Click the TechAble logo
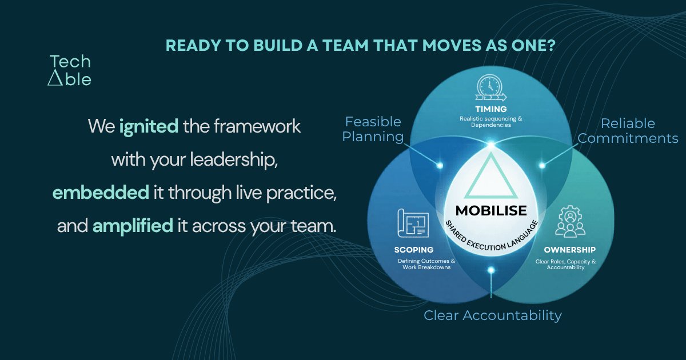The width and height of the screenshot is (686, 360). [70, 70]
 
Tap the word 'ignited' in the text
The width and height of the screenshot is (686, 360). [149, 127]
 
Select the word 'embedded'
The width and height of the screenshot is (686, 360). [101, 193]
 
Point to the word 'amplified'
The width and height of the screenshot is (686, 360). [133, 226]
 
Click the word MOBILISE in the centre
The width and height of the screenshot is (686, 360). [491, 211]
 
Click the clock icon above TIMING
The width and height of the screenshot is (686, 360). [491, 88]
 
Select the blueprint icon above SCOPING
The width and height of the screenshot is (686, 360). [413, 223]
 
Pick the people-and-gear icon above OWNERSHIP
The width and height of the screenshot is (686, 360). [570, 221]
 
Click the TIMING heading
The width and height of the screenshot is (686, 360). [491, 109]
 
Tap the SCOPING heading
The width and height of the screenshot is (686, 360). [414, 250]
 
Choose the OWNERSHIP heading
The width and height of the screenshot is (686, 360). [569, 250]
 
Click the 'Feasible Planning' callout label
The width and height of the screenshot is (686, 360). [373, 130]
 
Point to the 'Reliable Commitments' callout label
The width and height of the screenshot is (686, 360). [628, 131]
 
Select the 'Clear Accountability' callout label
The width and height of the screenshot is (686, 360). [492, 315]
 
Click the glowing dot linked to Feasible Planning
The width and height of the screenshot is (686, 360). [440, 166]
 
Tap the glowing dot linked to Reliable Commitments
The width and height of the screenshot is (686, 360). [542, 166]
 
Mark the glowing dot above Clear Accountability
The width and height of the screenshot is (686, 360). [491, 270]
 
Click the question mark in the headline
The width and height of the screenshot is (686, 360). [550, 45]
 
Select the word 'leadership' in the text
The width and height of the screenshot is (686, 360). [233, 160]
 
